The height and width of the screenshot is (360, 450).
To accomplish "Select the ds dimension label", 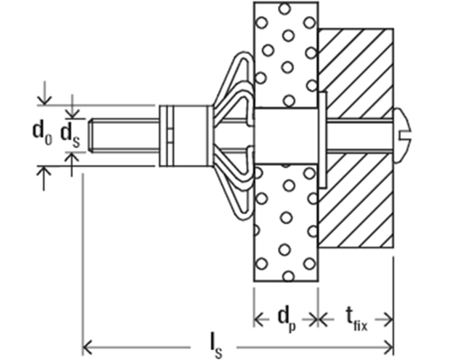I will tap(72, 134).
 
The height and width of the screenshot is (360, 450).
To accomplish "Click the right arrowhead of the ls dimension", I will tap(389, 344).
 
